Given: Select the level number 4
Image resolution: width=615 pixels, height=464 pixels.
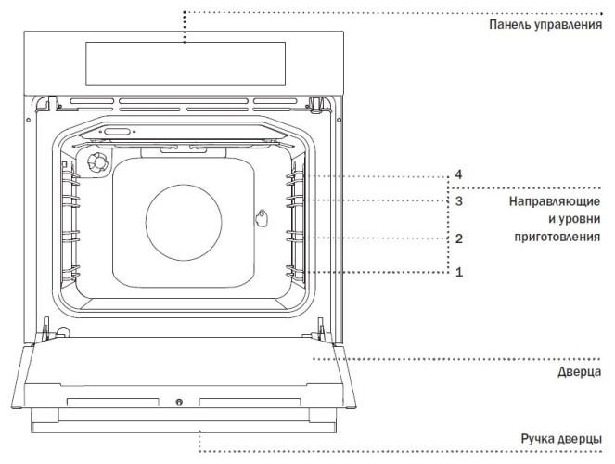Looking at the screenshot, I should tap(458, 174).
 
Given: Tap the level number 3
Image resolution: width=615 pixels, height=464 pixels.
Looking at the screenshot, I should tap(458, 200).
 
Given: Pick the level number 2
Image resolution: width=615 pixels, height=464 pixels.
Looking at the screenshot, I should tap(458, 238).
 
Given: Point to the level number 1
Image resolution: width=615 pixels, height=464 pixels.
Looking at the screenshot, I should tap(458, 272).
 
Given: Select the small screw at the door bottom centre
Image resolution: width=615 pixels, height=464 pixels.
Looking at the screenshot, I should tap(178, 403).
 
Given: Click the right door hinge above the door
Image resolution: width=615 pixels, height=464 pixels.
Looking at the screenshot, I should tap(318, 327).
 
